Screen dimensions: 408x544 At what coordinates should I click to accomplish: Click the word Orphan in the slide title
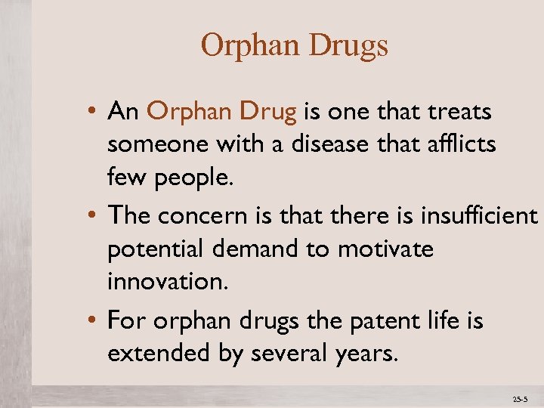coord(251,47)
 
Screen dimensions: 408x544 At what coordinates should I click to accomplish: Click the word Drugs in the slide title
coord(348,47)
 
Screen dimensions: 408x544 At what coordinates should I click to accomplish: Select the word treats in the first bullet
coord(460,113)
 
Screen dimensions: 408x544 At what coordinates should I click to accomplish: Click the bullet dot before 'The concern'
coord(91,217)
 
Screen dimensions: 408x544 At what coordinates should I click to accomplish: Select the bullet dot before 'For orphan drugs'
coord(91,322)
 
